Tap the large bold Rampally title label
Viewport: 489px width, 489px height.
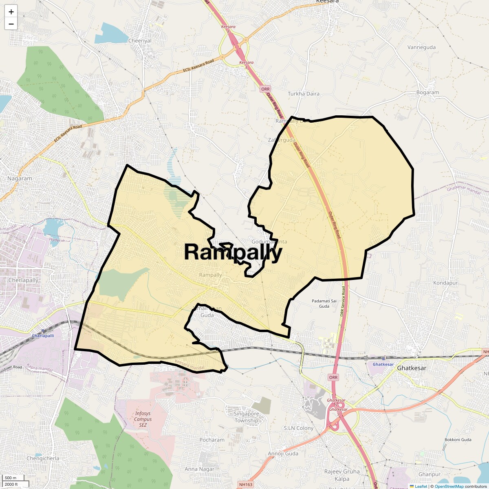(x=233, y=252)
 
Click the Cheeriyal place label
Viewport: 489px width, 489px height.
(x=140, y=41)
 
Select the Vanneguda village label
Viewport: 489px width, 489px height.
(x=421, y=47)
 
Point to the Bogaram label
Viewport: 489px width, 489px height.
(x=427, y=93)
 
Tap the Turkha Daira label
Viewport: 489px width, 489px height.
(x=304, y=94)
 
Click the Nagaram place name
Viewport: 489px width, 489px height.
(x=20, y=178)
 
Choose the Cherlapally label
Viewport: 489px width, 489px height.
(x=23, y=280)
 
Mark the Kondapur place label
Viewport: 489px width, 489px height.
(x=445, y=283)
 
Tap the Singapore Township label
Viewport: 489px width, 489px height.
(x=246, y=417)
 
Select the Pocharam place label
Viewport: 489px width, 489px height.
(x=212, y=440)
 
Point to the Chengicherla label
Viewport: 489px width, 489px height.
(x=43, y=458)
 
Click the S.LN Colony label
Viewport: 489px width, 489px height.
(x=299, y=428)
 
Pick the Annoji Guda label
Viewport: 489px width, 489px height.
(x=283, y=454)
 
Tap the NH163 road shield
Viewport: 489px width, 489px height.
(x=246, y=485)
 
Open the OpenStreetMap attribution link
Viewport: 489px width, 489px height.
(x=449, y=486)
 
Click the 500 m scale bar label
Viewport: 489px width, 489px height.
(x=11, y=478)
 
